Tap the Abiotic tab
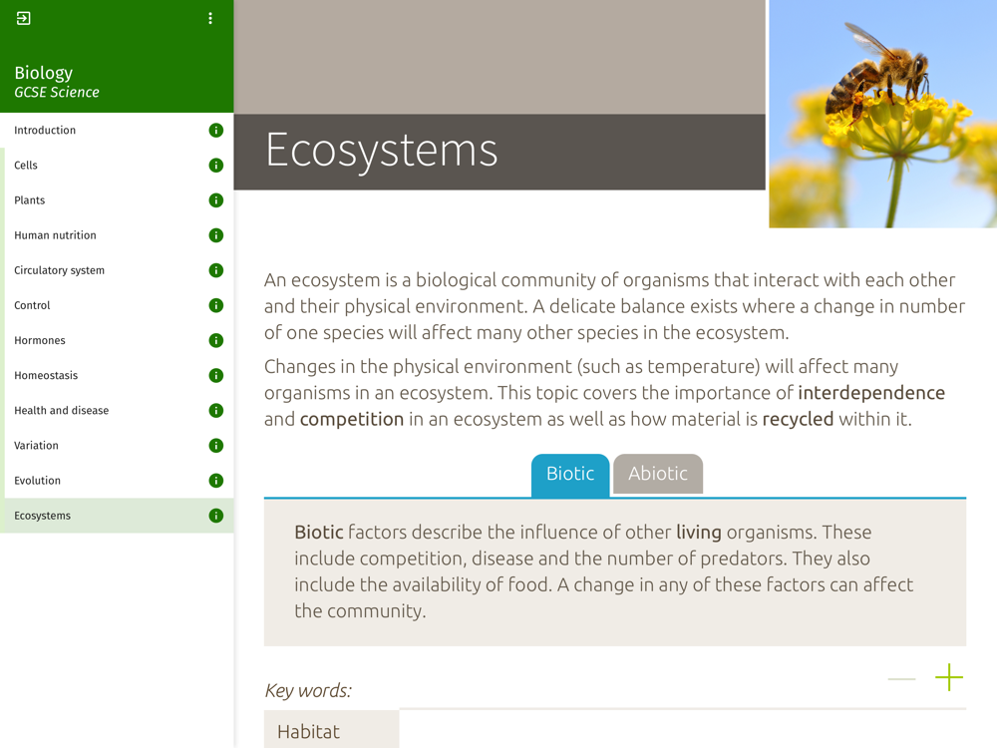pos(658,474)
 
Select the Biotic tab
pos(570,474)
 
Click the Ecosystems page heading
pos(382,151)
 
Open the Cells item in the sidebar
pos(26,166)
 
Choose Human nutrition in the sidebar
pos(55,235)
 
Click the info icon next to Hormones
pos(216,340)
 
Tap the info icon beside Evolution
pos(216,481)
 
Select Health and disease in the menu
pos(62,410)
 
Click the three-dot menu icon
pos(210,18)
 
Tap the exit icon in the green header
pos(24,18)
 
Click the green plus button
pos(949,677)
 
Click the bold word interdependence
pos(871,393)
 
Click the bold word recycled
pos(798,419)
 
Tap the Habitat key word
pos(308,731)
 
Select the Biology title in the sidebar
pos(43,73)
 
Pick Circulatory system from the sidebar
pos(59,270)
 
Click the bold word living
pos(699,533)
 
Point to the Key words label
pos(308,691)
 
